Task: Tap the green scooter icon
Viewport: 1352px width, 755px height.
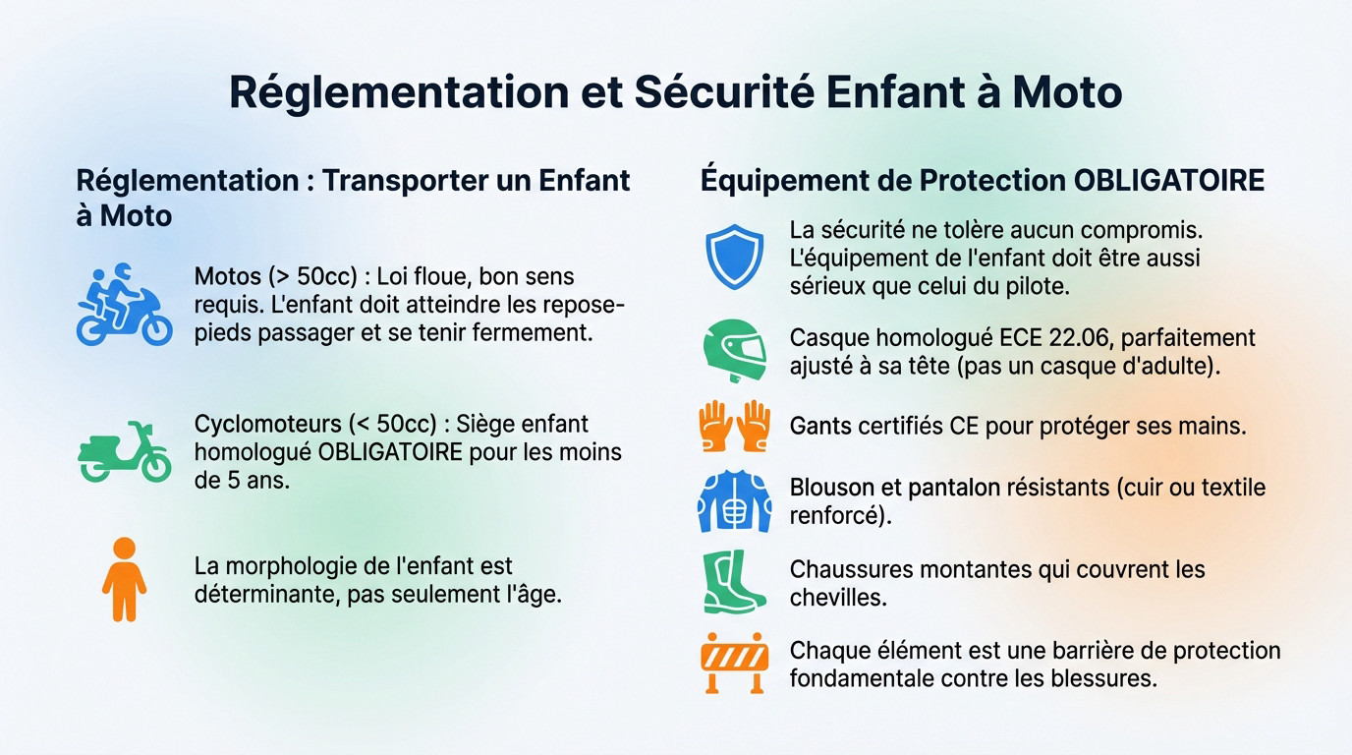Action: click(124, 452)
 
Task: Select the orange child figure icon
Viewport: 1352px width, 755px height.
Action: click(124, 579)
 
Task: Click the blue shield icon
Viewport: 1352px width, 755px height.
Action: click(735, 257)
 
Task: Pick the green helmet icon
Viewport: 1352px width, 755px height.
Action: click(735, 351)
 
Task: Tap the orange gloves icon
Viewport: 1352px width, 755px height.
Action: click(735, 426)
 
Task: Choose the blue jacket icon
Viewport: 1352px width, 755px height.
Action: click(735, 501)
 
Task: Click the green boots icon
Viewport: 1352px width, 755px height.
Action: click(733, 582)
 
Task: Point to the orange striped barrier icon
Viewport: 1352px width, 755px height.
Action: click(735, 664)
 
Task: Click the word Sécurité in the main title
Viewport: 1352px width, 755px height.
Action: click(722, 91)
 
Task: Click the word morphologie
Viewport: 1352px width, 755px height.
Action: click(311, 566)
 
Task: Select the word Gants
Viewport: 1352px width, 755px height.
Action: click(817, 427)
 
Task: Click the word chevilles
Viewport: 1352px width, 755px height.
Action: click(837, 598)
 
